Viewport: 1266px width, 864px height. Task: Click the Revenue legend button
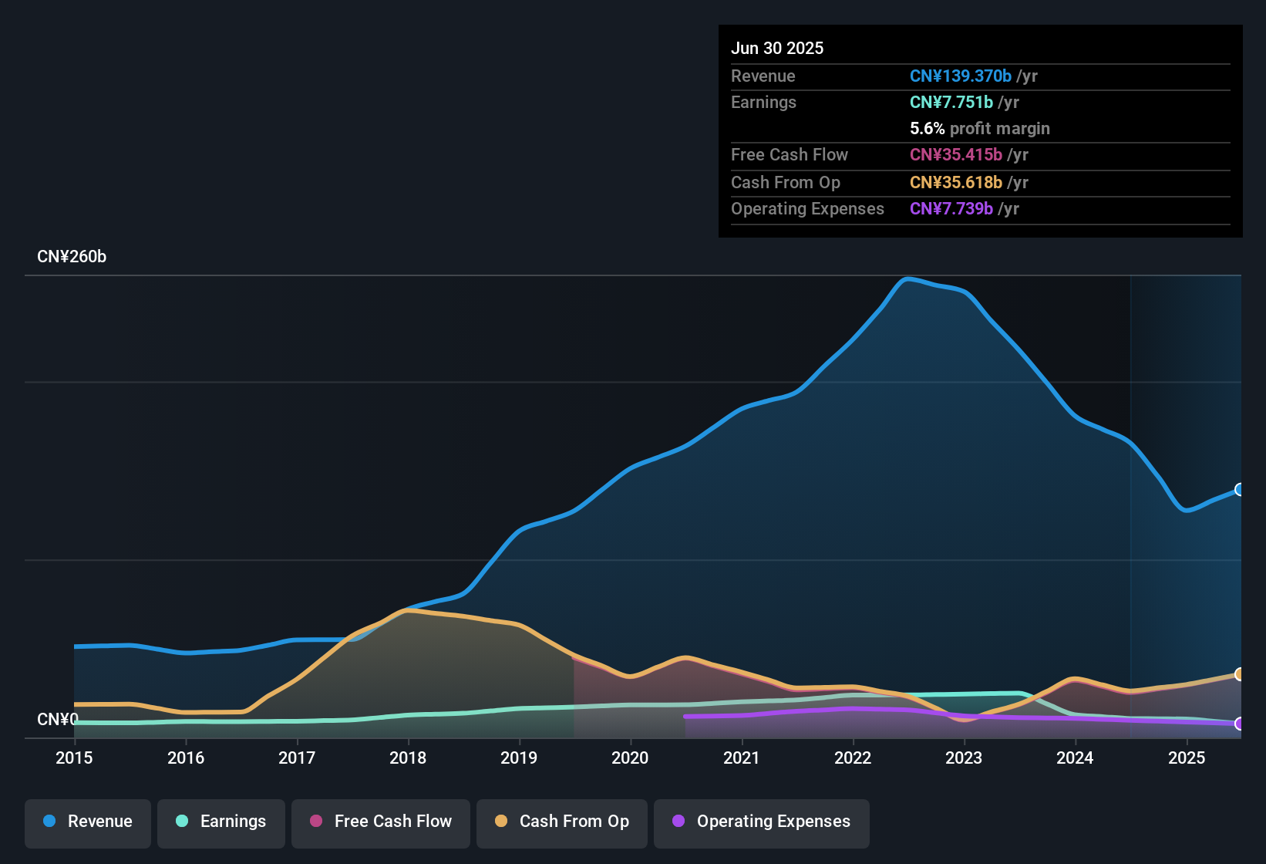tap(88, 822)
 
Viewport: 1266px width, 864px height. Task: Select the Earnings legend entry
tap(221, 822)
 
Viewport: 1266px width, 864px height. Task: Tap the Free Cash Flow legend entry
tap(381, 822)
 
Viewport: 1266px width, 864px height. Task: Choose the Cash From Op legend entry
tap(562, 822)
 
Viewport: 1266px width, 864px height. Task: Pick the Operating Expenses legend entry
tap(762, 822)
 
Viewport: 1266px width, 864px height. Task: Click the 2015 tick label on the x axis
tap(74, 758)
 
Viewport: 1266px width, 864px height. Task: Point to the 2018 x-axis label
tap(408, 758)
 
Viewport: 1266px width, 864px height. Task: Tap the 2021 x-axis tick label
tap(742, 758)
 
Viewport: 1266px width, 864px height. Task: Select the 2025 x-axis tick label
tap(1187, 758)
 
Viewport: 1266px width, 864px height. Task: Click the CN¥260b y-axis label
tap(72, 257)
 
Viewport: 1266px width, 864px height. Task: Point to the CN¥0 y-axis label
tap(58, 720)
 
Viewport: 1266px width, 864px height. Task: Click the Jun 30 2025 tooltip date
tap(777, 49)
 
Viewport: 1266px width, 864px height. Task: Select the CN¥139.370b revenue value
tap(960, 76)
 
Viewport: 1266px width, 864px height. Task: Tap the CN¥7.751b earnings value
tap(951, 103)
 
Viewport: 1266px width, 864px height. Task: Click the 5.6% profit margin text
tap(979, 129)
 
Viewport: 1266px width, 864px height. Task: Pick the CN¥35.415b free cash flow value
tap(955, 155)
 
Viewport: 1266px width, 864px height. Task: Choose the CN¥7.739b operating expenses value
tap(951, 209)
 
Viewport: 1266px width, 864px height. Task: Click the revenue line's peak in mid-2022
tap(908, 279)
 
